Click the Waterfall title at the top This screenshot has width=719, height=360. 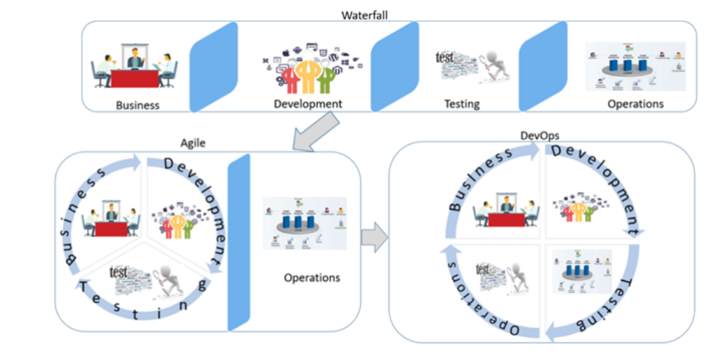pyautogui.click(x=364, y=14)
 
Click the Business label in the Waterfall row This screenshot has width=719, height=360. pyautogui.click(x=138, y=105)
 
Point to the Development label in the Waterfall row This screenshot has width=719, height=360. pyautogui.click(x=308, y=104)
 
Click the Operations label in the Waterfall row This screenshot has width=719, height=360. pyautogui.click(x=635, y=103)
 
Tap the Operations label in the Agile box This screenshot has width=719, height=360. pyautogui.click(x=312, y=277)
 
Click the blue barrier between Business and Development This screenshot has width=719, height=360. pyautogui.click(x=214, y=67)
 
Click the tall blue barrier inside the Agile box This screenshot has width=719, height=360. pyautogui.click(x=239, y=242)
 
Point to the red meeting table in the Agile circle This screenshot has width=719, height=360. pyautogui.click(x=110, y=229)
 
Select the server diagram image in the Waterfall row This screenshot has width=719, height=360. pyautogui.click(x=635, y=67)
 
